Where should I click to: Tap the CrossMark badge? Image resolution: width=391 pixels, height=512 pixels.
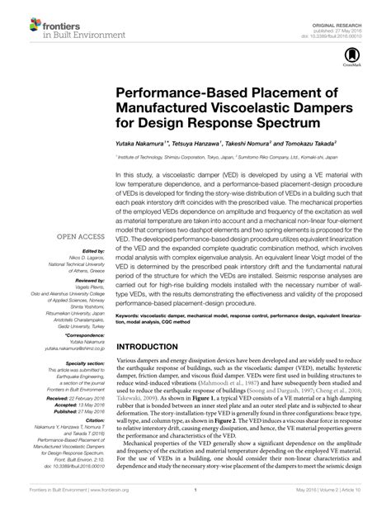344,55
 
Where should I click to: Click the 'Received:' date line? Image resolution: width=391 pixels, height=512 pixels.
74,394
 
